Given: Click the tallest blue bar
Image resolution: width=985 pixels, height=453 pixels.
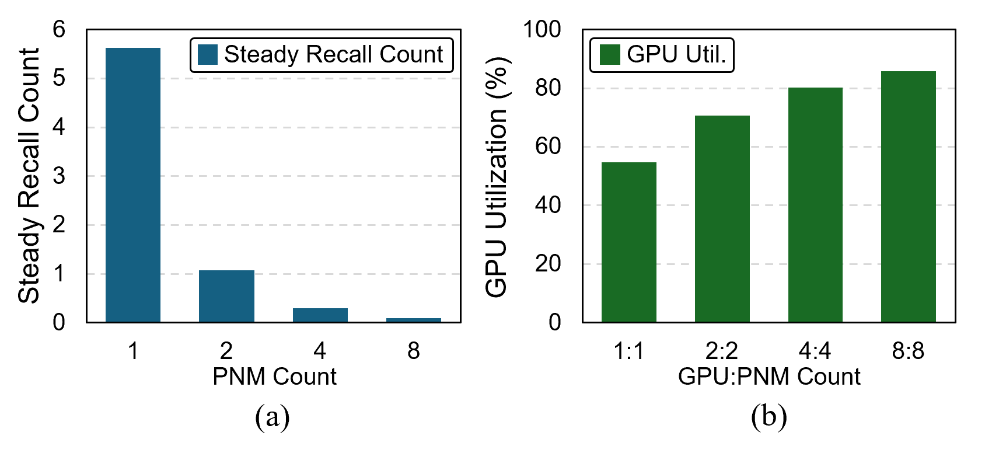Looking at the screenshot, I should (x=133, y=184).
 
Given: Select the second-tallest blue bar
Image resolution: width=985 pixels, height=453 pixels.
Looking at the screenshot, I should (x=226, y=295).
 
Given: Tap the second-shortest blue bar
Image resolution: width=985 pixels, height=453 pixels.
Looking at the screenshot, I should (x=320, y=315).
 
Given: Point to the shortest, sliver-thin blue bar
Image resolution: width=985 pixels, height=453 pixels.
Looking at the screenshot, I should (x=414, y=320).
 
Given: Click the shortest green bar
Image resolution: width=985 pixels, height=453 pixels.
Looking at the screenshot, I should (x=629, y=242).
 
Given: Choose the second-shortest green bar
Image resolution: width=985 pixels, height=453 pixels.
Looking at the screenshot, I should (x=722, y=218).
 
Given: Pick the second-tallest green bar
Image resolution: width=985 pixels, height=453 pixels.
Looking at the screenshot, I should (x=815, y=204).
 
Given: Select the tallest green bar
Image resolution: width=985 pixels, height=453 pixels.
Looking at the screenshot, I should (x=909, y=196).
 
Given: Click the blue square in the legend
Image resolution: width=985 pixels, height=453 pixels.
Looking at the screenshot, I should (x=208, y=55).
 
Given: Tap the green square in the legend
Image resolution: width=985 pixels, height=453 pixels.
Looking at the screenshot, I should (x=610, y=55).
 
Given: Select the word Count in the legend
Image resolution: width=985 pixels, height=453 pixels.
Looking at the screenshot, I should (x=411, y=55).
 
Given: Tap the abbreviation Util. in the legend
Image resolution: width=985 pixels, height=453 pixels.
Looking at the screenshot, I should (x=705, y=55).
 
